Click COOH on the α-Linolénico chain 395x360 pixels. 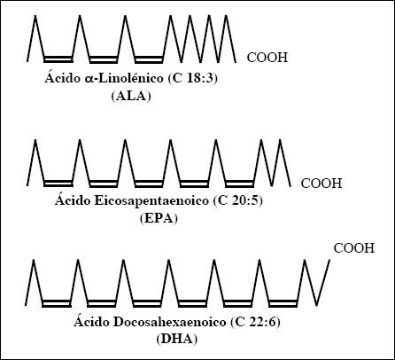[267, 58]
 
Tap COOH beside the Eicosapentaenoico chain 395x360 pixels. [321, 184]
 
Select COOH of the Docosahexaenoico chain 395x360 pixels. [354, 248]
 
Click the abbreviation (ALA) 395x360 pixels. [131, 97]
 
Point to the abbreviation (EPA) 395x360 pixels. [159, 219]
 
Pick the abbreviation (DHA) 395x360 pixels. [176, 339]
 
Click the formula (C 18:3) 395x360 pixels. [193, 79]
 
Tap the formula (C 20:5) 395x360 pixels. [237, 201]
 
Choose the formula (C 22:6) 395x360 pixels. [255, 322]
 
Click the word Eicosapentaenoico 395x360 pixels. [152, 201]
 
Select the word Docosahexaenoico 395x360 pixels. [169, 322]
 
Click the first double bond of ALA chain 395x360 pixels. [58, 59]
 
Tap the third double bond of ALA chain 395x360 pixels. [149, 59]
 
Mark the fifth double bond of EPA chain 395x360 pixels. [239, 184]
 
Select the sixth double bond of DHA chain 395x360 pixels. [283, 303]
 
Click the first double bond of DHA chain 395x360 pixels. [57, 303]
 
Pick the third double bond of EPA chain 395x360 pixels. [149, 184]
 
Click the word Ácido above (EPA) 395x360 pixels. [73, 200]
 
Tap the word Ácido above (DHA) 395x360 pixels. [91, 321]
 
